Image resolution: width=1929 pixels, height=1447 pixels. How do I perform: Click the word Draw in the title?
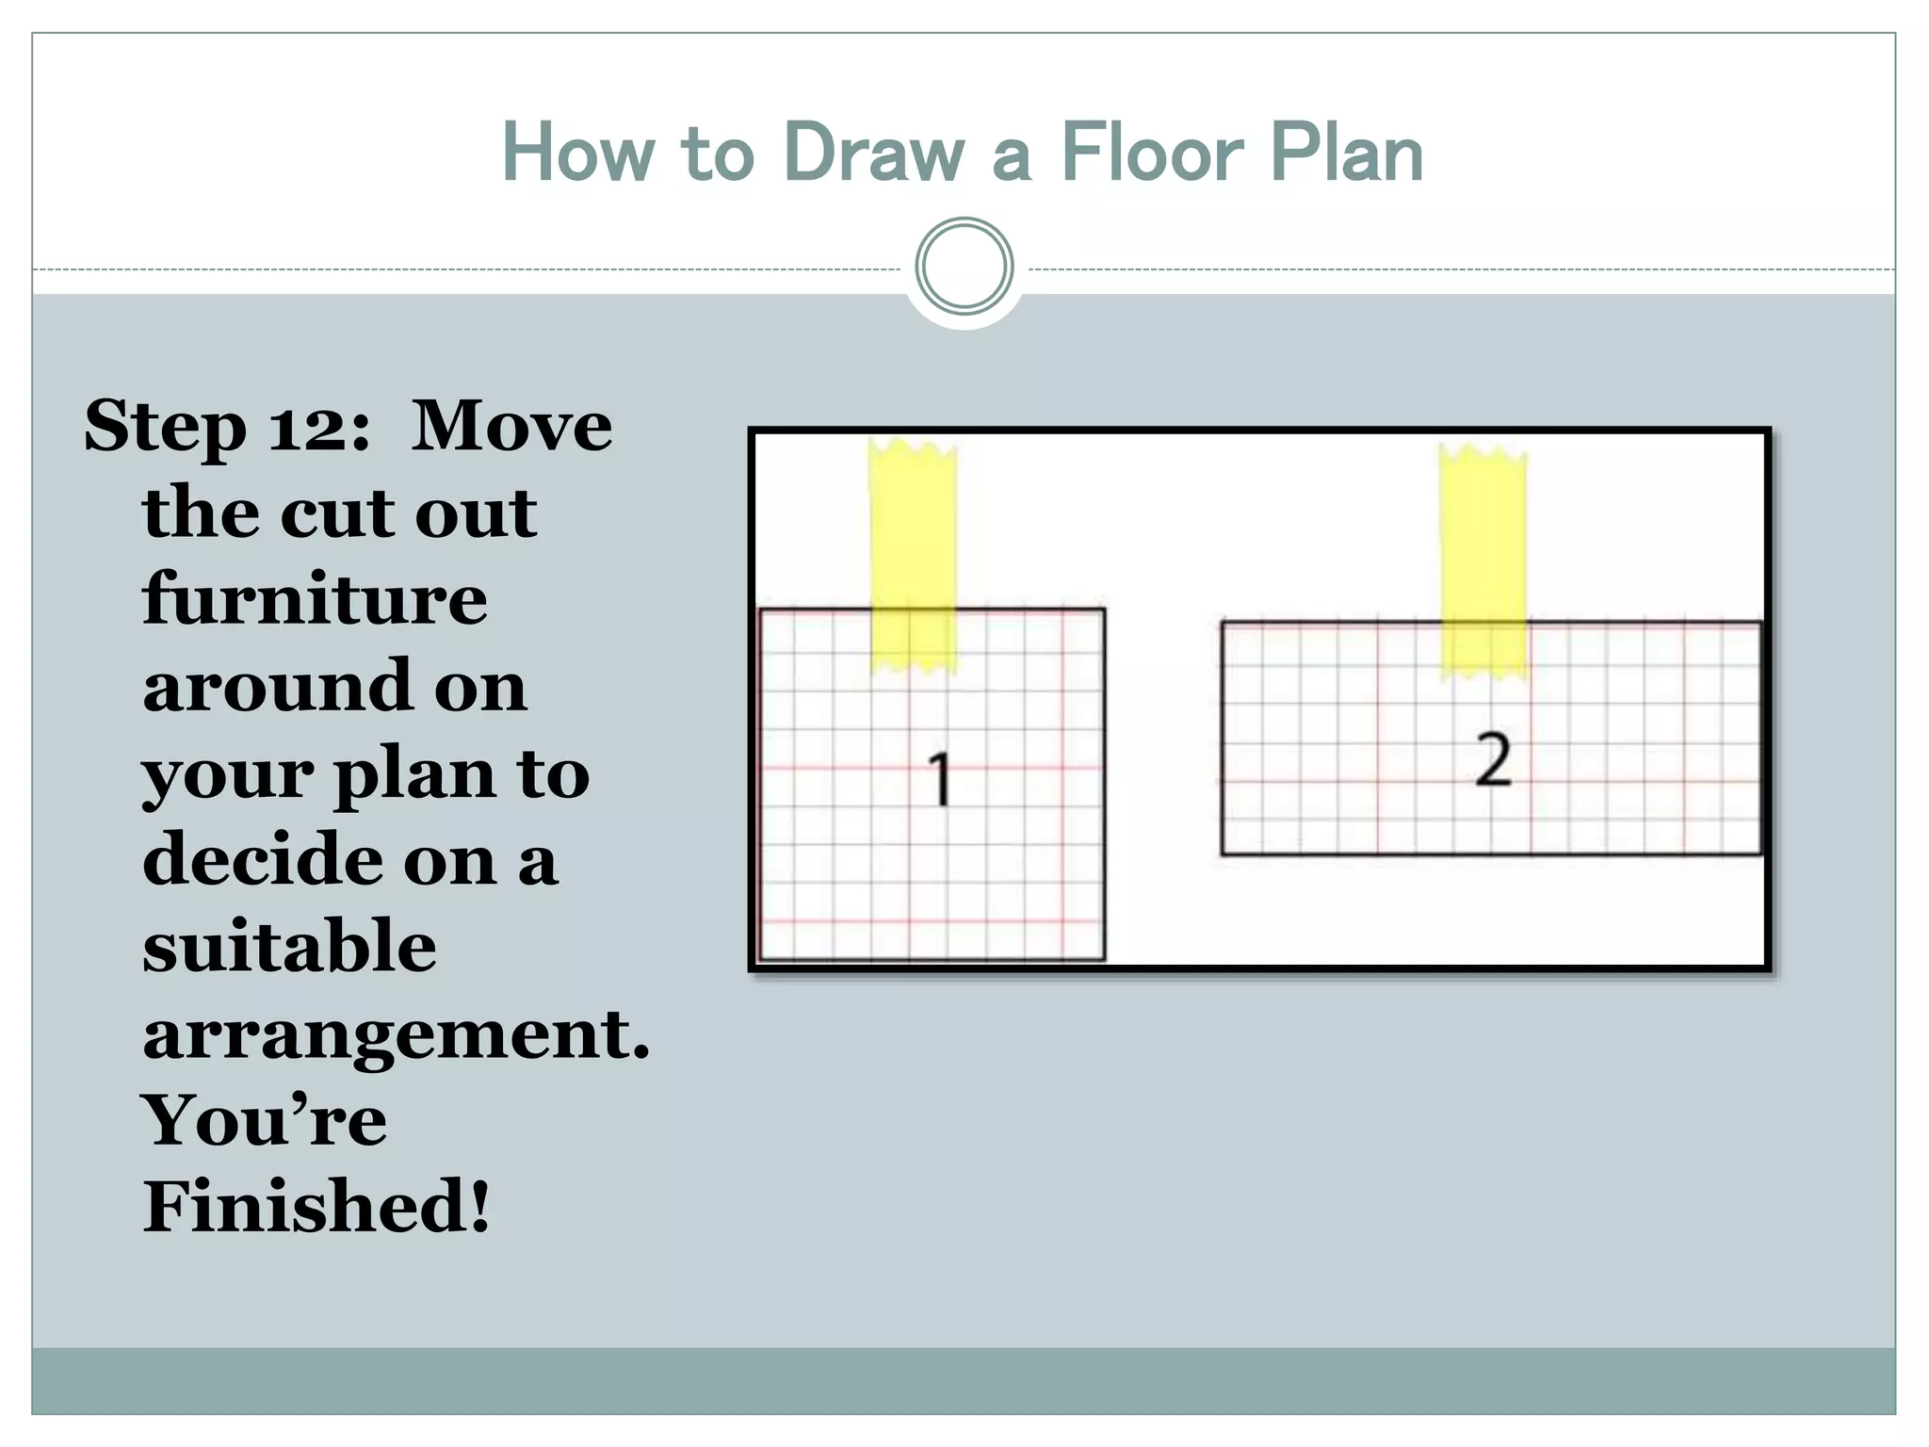pos(874,153)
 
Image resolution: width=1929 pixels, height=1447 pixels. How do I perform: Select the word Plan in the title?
pos(1346,153)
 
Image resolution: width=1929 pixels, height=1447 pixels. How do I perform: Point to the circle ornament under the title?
pos(964,267)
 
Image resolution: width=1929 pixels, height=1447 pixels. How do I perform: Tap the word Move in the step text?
pos(511,426)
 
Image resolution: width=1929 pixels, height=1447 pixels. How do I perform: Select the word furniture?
pos(315,599)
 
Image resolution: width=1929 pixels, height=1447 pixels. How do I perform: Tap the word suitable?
pos(289,946)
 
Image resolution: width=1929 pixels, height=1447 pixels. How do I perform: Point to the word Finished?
pos(316,1206)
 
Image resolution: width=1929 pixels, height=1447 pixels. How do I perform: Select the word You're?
pos(264,1119)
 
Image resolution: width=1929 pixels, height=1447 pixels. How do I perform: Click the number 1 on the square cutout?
pos(939,780)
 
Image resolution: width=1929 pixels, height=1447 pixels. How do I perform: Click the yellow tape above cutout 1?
pos(912,556)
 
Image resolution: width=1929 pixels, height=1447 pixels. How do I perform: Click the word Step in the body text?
pos(165,427)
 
